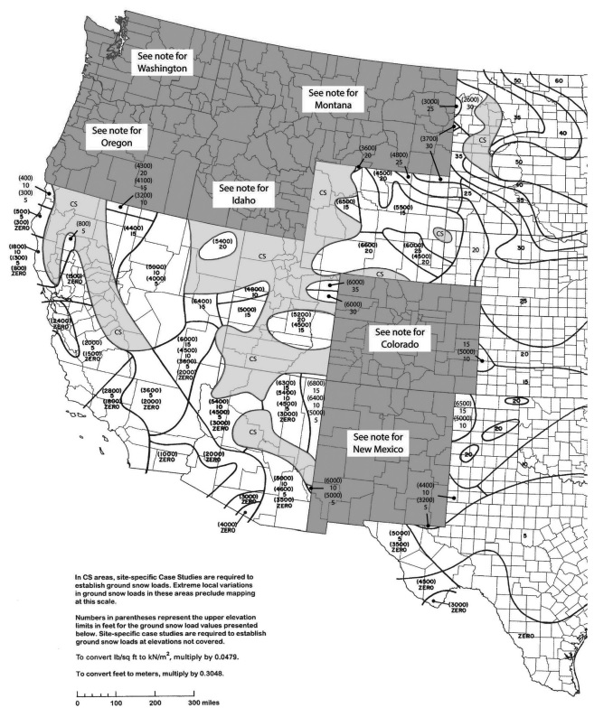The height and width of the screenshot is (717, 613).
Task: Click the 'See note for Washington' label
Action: coord(163,61)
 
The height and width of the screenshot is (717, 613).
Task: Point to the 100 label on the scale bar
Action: coord(116,701)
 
